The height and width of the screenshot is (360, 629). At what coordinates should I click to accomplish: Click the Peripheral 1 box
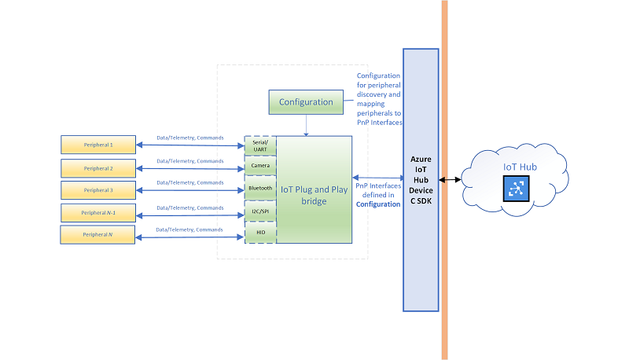98,145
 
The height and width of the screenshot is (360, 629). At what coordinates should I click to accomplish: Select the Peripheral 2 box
98,168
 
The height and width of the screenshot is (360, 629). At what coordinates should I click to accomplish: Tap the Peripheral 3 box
98,190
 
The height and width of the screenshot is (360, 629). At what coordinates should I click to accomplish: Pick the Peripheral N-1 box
98,212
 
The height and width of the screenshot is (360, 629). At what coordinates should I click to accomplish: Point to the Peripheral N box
97,234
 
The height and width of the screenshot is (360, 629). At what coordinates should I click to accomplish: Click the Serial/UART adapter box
260,145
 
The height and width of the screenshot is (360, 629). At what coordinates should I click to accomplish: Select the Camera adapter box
260,165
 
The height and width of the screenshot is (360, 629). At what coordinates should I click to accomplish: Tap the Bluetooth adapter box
260,188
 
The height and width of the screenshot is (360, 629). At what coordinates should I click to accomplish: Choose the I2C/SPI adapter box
260,211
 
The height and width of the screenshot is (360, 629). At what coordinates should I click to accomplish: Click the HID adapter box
260,232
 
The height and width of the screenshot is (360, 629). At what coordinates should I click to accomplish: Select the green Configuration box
306,102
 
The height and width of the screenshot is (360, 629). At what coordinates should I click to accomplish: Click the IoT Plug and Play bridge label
314,195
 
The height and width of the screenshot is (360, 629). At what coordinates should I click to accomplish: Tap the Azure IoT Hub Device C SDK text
421,180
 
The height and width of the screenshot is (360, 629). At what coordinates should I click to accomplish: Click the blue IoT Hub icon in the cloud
517,189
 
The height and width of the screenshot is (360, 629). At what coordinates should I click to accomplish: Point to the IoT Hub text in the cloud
520,167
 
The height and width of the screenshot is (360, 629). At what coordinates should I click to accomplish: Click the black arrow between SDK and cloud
450,180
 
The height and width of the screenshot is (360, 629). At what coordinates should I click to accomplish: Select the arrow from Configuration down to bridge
306,126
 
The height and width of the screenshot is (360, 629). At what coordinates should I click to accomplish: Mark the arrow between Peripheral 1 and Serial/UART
190,145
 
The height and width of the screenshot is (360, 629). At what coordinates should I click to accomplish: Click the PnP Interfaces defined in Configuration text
378,195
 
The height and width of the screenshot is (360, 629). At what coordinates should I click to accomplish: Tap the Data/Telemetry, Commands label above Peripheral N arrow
189,230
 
